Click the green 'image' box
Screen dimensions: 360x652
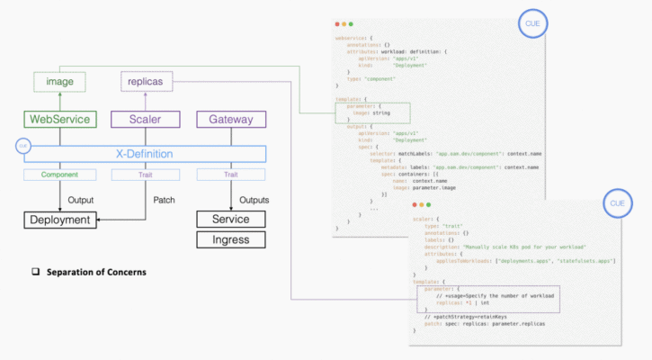pyautogui.click(x=59, y=82)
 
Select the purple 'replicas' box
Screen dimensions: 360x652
pyautogui.click(x=147, y=82)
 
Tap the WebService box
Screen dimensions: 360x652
pyautogui.click(x=59, y=119)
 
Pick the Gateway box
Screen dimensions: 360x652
pyautogui.click(x=231, y=119)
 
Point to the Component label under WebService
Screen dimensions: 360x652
pyautogui.click(x=59, y=174)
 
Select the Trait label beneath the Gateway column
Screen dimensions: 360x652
pyautogui.click(x=231, y=174)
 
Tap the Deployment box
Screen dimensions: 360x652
pyautogui.click(x=59, y=219)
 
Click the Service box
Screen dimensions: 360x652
pyautogui.click(x=231, y=219)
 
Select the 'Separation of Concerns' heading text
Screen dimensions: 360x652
pyautogui.click(x=96, y=272)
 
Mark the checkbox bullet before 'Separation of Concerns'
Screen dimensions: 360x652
pyautogui.click(x=37, y=272)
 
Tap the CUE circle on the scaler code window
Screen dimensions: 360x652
pyautogui.click(x=616, y=203)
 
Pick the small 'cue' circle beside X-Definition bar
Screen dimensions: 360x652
pyautogui.click(x=23, y=144)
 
